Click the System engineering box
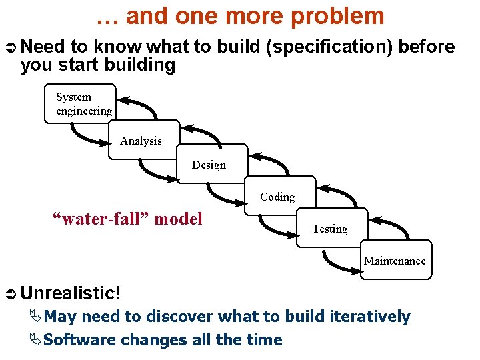click(80, 103)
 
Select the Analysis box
click(143, 139)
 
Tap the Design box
click(212, 163)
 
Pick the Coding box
click(279, 195)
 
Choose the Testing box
click(331, 228)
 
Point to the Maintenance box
click(395, 259)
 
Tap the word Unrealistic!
click(71, 293)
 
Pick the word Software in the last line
click(75, 340)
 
